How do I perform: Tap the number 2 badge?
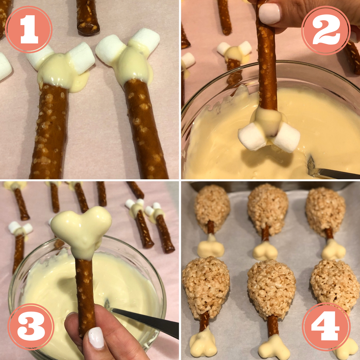[x=326, y=30]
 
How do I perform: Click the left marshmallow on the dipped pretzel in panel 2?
[x=252, y=137]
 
